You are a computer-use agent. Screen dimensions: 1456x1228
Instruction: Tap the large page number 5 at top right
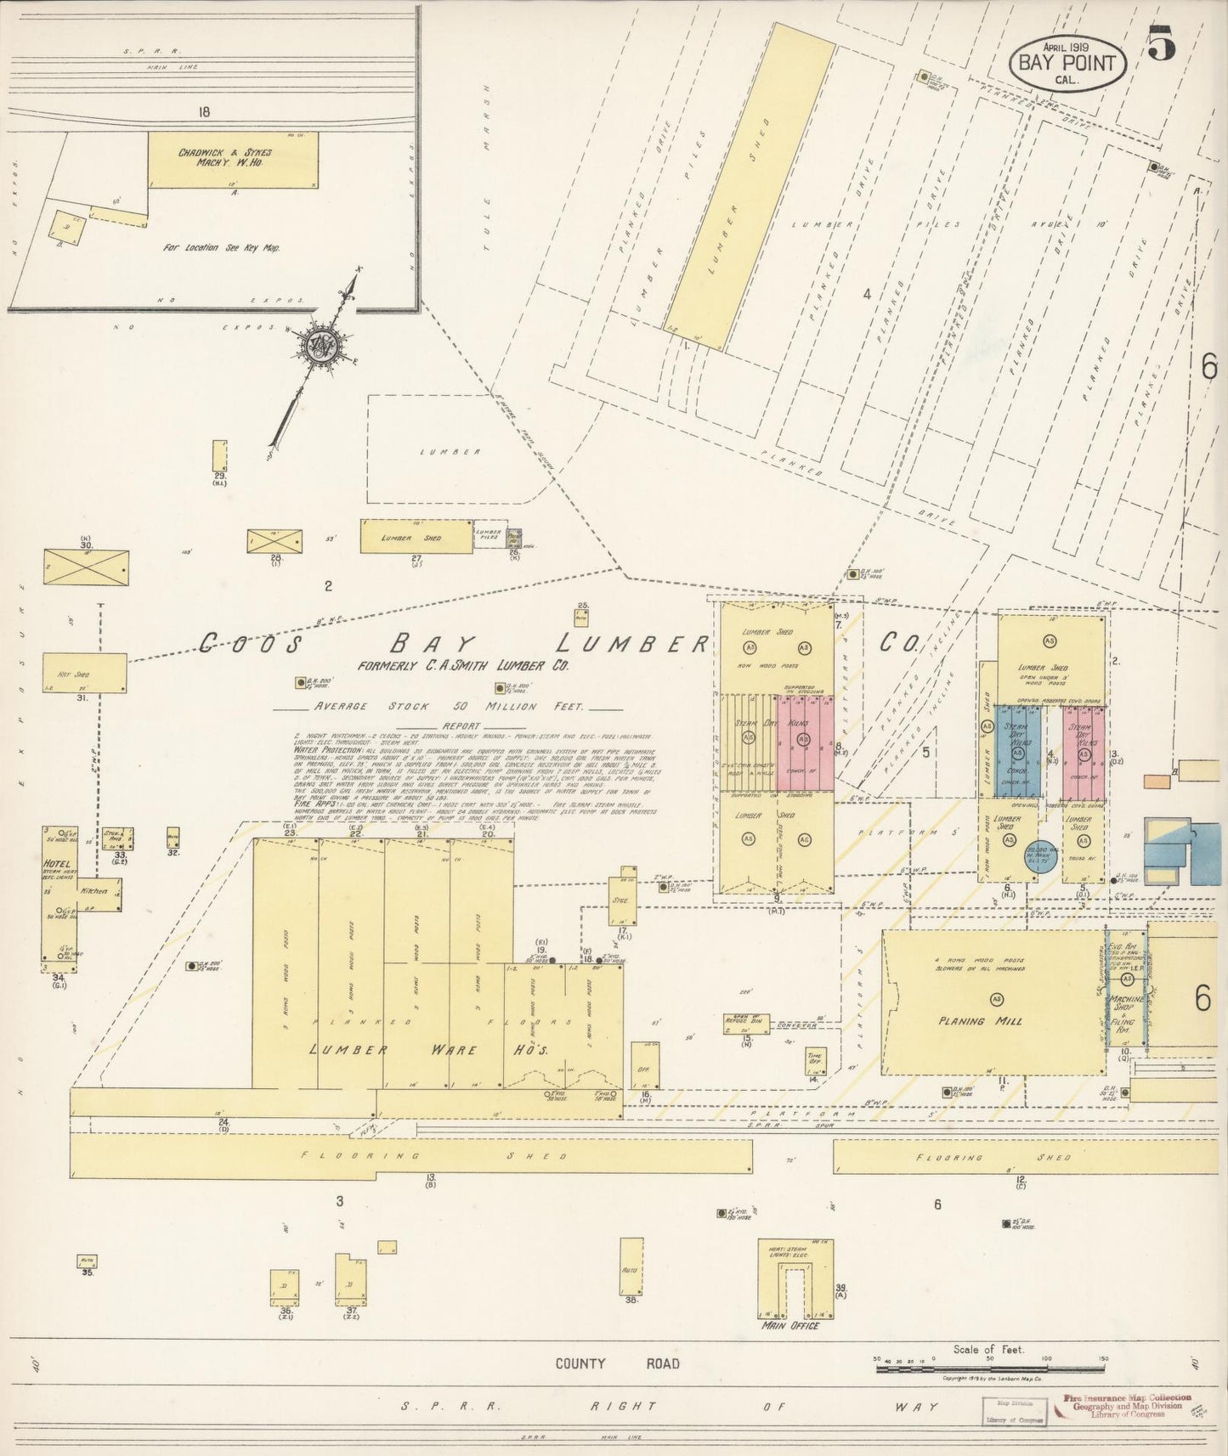1161,44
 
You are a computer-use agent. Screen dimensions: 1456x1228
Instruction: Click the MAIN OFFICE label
791,1326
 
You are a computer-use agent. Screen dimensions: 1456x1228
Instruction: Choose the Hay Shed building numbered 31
84,673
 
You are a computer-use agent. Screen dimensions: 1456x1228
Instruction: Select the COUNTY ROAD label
617,1363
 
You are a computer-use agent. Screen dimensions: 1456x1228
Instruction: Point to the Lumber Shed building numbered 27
416,537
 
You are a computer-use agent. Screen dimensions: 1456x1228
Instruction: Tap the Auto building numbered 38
631,1267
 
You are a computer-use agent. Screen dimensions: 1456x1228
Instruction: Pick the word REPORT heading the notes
460,727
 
